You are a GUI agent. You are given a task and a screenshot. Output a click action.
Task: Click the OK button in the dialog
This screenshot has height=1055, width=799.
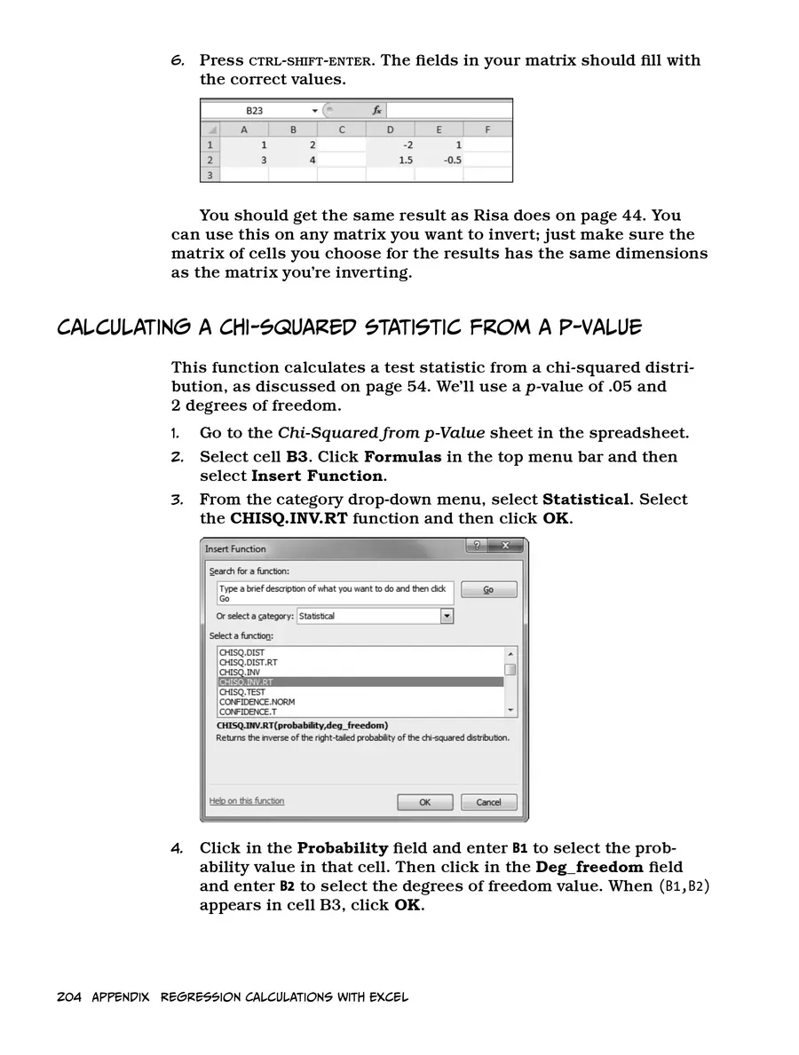424,802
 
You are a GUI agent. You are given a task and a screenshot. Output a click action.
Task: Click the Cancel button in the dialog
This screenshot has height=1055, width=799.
488,802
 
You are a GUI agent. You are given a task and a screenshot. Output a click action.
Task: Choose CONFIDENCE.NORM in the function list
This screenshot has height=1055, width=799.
257,702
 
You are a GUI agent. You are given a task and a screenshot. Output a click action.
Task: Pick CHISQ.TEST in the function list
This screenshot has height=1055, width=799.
242,692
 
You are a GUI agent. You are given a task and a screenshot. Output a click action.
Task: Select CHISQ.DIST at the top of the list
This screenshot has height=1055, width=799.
241,653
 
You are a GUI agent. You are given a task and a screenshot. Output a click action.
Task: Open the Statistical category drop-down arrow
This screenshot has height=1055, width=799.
447,616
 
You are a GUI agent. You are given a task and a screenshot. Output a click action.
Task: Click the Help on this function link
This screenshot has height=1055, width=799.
247,801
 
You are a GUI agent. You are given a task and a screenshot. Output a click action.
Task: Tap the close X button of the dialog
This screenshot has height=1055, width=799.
506,547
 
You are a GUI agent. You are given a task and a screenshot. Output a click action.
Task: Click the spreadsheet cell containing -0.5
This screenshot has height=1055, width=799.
439,161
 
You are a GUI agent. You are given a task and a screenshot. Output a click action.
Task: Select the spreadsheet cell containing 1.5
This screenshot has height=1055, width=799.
391,161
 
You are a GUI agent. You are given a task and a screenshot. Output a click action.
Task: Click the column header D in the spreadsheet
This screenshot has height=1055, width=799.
391,130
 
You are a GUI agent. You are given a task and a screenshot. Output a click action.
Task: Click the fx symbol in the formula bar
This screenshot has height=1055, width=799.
376,111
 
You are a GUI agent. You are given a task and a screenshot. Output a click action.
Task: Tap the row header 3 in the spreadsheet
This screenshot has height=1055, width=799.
210,176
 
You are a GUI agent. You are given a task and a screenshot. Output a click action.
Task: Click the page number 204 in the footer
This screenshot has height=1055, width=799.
69,997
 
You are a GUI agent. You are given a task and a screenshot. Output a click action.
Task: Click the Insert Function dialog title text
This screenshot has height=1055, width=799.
235,549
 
